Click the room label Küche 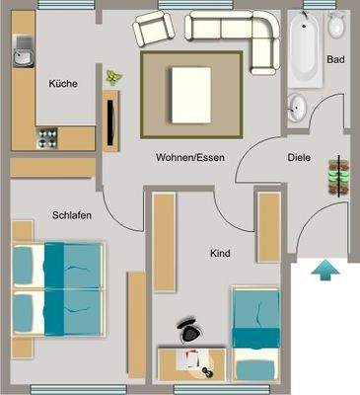(63, 84)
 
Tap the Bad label (335, 60)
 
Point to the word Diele (299, 157)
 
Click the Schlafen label (72, 215)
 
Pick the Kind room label (220, 254)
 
